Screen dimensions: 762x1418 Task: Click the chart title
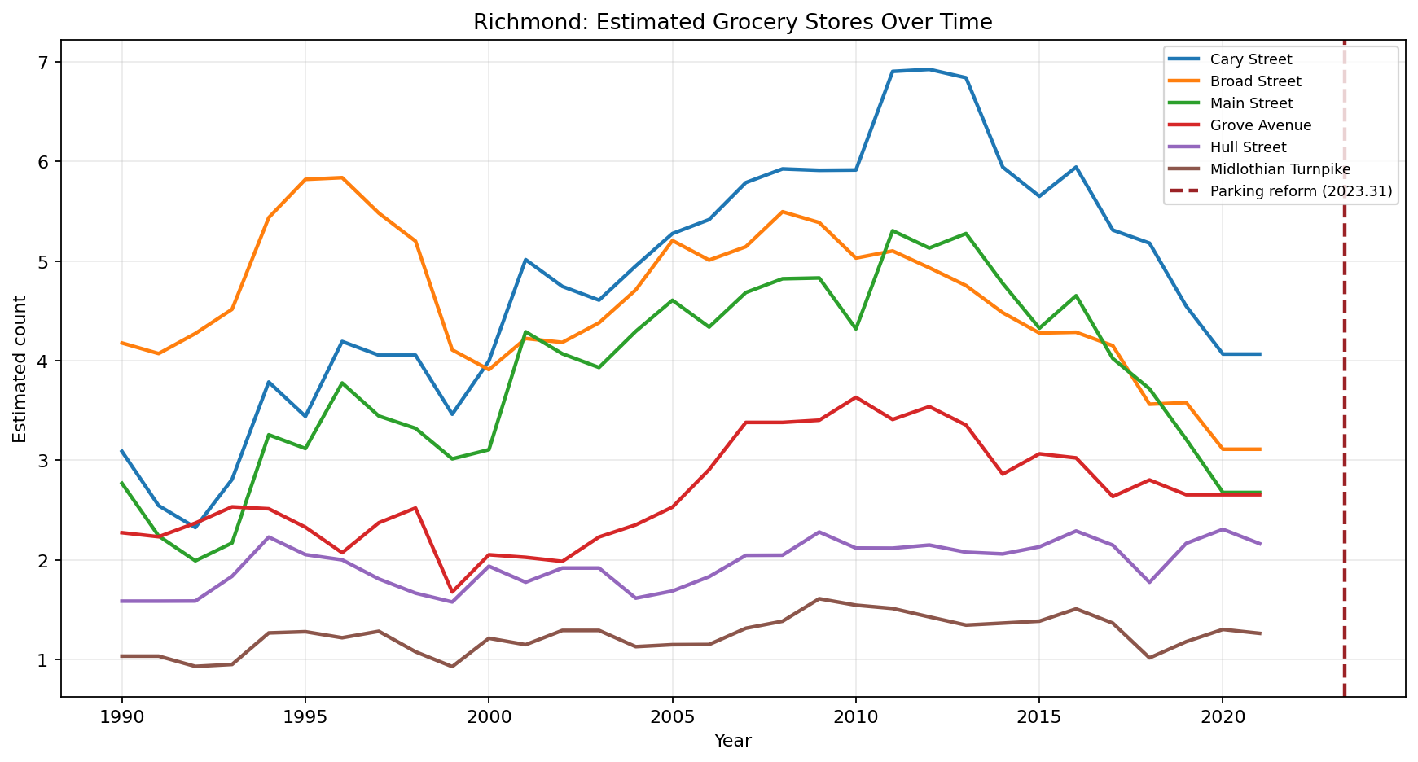pos(732,22)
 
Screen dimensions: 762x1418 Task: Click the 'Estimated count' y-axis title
pos(20,369)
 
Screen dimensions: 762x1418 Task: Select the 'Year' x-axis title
pos(732,741)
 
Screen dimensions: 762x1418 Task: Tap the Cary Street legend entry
pos(1250,59)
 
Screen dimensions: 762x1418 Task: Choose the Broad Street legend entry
pos(1255,81)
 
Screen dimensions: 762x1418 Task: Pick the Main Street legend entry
pos(1251,103)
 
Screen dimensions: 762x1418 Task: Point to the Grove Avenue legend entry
pos(1260,125)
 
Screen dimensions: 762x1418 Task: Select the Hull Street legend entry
pos(1248,147)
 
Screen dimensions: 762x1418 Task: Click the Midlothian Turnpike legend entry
pos(1280,169)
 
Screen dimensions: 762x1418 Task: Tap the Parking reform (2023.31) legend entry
pos(1301,191)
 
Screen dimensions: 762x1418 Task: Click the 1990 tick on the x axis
pos(122,716)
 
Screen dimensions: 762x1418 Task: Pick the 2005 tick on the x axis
pos(672,716)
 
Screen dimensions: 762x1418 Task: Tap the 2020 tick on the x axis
pos(1222,716)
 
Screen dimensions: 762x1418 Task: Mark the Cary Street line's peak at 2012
pos(929,69)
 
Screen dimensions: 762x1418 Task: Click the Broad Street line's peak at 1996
pos(342,177)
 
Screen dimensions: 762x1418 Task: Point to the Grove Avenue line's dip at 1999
pos(452,592)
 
